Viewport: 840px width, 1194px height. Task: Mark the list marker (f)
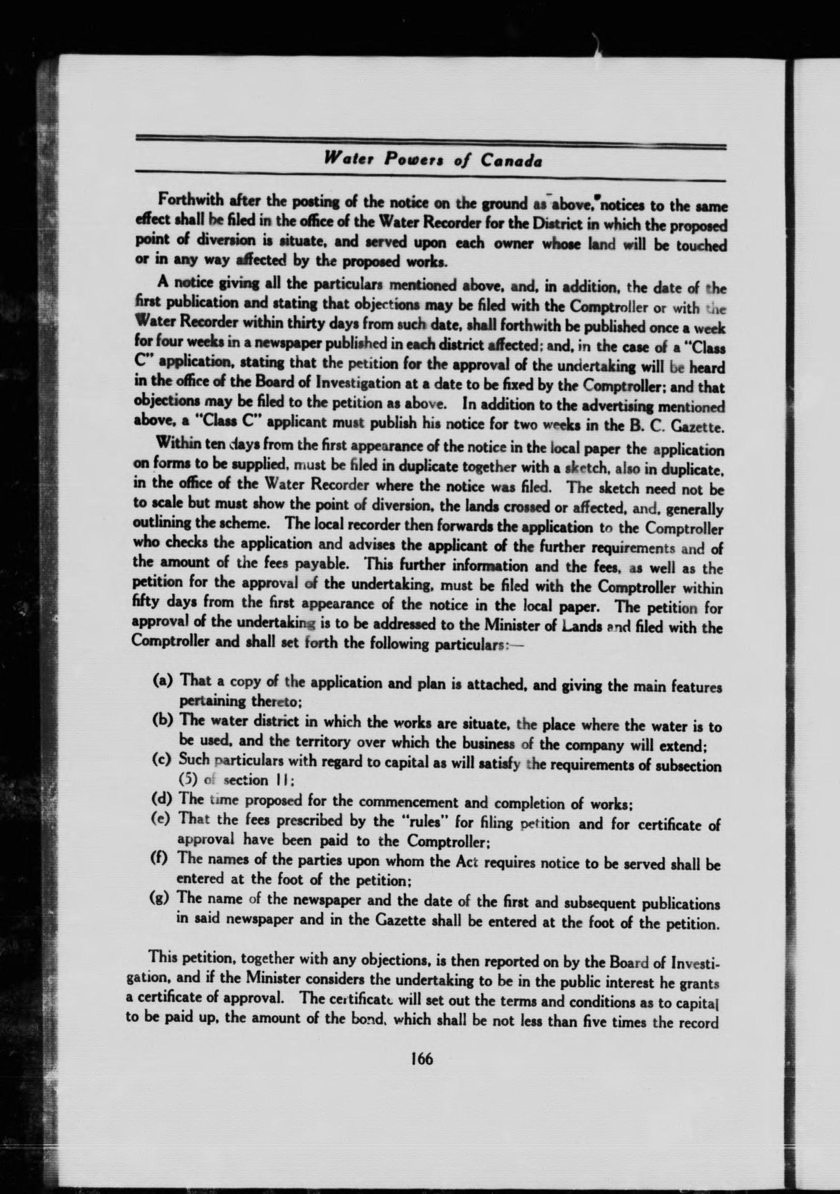161,858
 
